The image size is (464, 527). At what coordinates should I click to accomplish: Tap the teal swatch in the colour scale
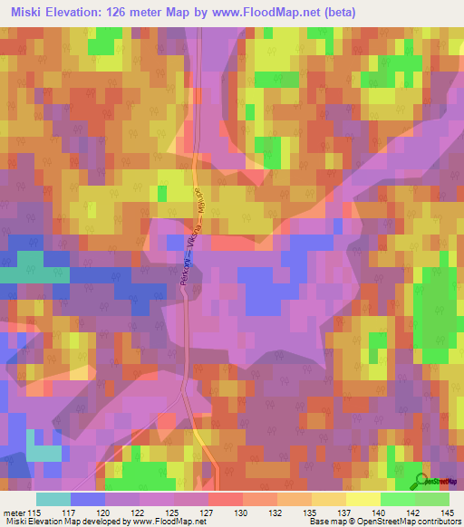click(53, 499)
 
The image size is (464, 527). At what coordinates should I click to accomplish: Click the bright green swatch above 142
click(398, 499)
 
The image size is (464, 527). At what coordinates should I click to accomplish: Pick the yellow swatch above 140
click(363, 499)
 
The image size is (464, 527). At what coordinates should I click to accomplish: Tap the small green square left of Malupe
click(162, 193)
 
